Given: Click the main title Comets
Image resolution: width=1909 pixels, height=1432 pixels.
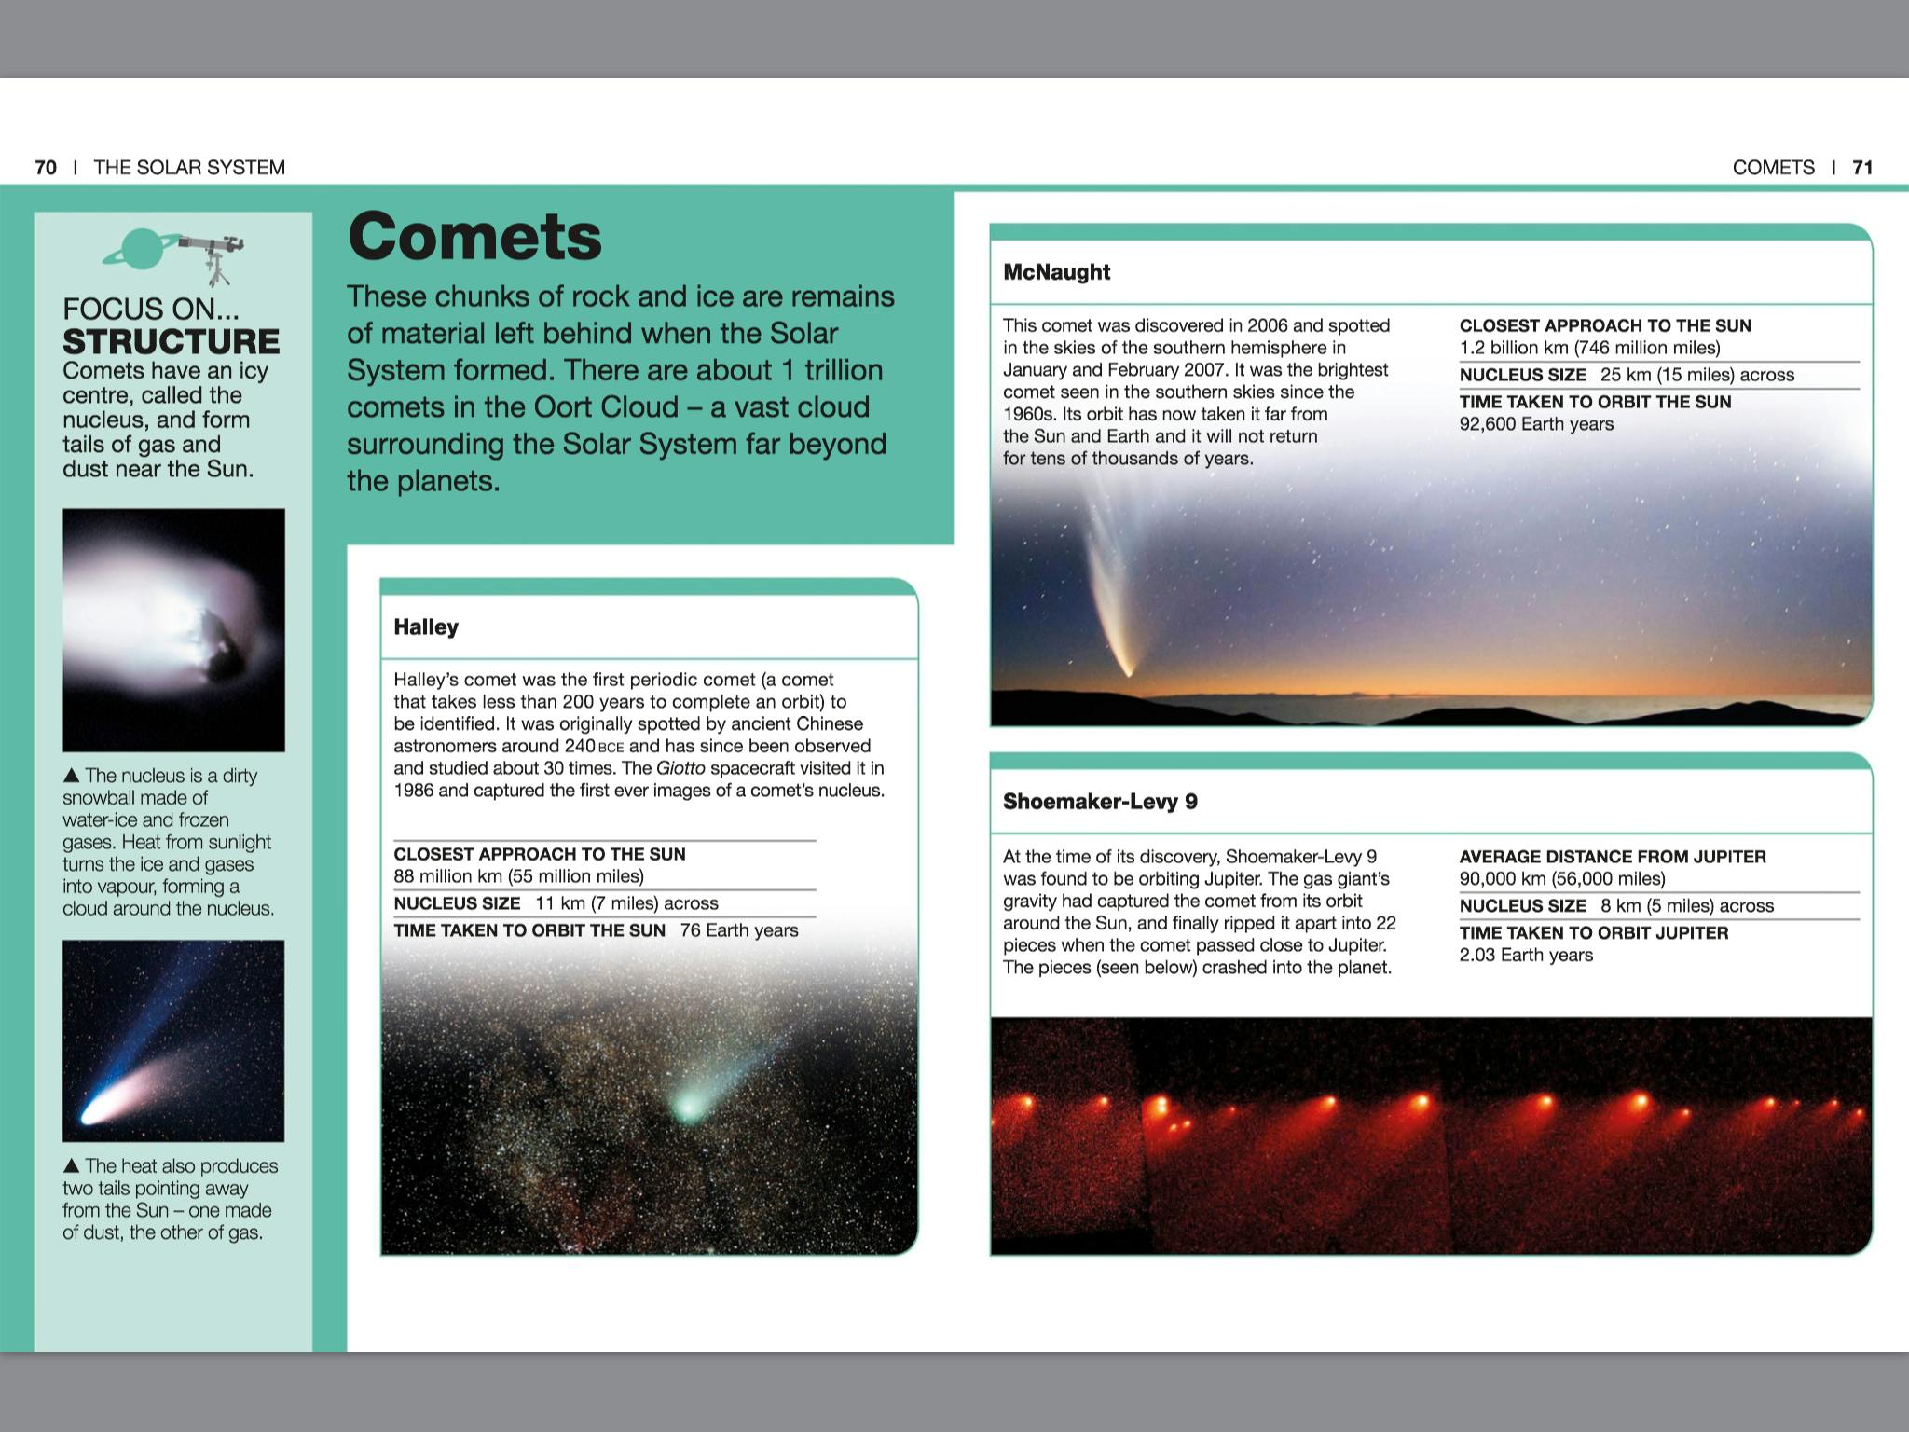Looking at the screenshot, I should pos(474,237).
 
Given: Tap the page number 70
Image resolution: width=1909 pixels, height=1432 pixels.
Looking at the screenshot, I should pos(46,168).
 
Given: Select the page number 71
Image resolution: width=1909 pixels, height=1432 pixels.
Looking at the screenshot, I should pos(1862,168).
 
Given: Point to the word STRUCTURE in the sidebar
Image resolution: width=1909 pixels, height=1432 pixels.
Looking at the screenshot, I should pos(171,341).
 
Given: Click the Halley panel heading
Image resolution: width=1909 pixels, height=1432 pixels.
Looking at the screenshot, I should pos(426,627).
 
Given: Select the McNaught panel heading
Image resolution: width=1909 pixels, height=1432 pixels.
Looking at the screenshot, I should pos(1056,272).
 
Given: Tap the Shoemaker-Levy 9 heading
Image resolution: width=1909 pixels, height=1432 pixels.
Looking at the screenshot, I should pos(1100,802).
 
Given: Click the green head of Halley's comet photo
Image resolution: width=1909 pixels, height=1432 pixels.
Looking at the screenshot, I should pos(688,1107).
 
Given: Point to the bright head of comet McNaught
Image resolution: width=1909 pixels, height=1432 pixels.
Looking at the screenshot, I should pos(1129,669).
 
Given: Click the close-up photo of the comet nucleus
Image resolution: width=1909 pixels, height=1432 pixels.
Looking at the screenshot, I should pos(173,630).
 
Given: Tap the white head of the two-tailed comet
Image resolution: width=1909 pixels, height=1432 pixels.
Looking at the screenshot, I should pos(93,1113).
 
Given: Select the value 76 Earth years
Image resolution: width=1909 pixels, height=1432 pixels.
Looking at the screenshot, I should pos(739,930).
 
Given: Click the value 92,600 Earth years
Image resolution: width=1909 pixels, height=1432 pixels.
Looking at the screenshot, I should pos(1536,424).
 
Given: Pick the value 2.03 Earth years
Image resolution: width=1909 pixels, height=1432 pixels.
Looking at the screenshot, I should pos(1526,956).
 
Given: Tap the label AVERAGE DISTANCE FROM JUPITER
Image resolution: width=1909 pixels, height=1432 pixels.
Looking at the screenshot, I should pos(1613,857).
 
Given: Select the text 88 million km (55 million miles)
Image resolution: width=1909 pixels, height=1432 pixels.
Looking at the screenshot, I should pos(518,876).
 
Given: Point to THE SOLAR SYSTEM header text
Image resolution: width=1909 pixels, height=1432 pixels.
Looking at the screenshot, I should pos(189,168).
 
